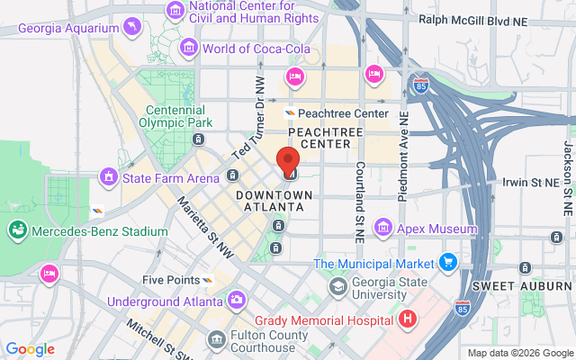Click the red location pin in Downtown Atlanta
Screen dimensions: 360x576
(288, 159)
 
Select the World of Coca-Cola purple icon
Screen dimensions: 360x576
(189, 47)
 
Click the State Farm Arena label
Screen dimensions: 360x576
(170, 178)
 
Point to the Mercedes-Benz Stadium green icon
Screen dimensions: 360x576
(16, 231)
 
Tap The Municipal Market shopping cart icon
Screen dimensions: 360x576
(447, 263)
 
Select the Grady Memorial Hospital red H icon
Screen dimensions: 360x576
(409, 319)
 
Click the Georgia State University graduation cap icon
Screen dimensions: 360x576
(337, 287)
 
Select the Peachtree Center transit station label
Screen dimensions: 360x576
(342, 113)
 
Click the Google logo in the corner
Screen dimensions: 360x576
(30, 349)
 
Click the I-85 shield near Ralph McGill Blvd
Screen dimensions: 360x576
(421, 86)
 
